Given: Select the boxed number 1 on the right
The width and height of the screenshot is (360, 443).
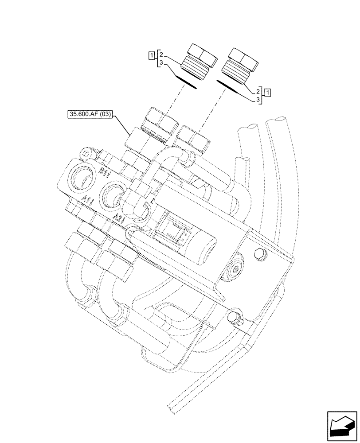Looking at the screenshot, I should [268, 93].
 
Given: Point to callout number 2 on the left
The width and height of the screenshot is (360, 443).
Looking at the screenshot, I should [162, 55].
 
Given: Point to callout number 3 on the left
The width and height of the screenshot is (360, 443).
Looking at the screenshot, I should [162, 65].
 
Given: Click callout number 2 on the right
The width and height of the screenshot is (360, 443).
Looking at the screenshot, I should [257, 91].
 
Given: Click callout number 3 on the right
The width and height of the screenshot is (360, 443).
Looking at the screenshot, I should [257, 101].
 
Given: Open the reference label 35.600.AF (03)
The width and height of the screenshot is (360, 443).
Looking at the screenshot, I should [91, 114].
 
